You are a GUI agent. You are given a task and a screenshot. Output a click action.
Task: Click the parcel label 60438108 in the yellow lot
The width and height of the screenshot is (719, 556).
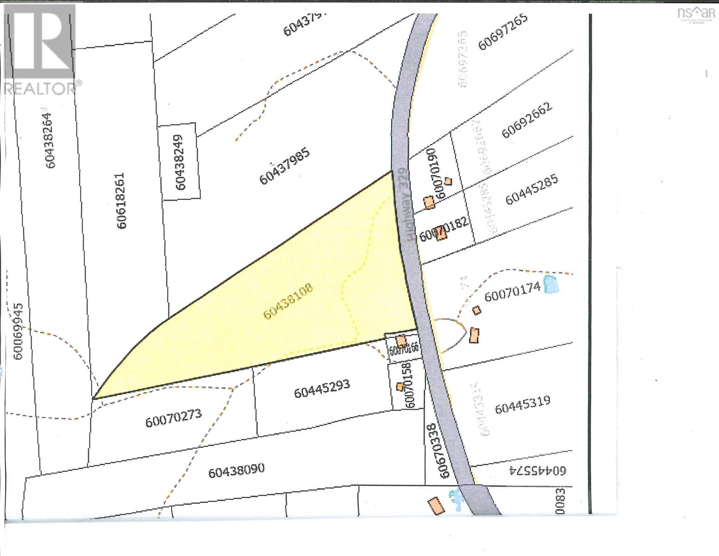coord(288,302)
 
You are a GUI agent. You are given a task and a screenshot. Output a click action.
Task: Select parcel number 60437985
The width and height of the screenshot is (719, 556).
coord(284,166)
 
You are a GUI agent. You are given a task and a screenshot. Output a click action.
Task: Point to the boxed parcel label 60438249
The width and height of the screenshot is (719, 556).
coord(180,162)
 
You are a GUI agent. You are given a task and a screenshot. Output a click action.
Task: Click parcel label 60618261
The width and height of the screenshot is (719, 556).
coord(122,201)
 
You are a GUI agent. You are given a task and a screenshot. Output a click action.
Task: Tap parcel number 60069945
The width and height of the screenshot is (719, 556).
coord(19,332)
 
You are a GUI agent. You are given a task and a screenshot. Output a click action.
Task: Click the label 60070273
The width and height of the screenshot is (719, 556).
coord(174,419)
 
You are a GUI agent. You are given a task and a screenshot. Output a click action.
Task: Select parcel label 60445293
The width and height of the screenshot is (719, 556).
coord(322,388)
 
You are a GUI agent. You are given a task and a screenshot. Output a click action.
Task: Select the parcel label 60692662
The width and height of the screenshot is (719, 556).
coord(526,120)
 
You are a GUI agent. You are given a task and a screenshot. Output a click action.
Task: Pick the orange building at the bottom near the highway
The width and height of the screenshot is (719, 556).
coord(436,505)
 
